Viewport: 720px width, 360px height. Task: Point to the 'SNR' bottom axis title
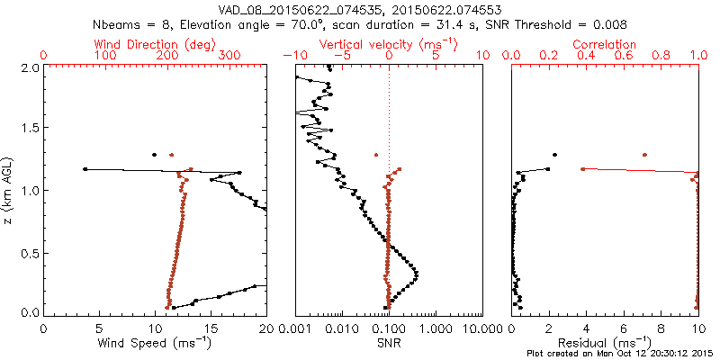pyautogui.click(x=388, y=342)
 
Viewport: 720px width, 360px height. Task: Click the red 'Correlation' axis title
pyautogui.click(x=605, y=44)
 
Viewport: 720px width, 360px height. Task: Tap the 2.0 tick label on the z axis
pyautogui.click(x=31, y=67)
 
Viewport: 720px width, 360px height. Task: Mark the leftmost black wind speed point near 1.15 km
pyautogui.click(x=85, y=169)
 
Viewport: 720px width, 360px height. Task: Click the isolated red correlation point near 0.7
pyautogui.click(x=644, y=155)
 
